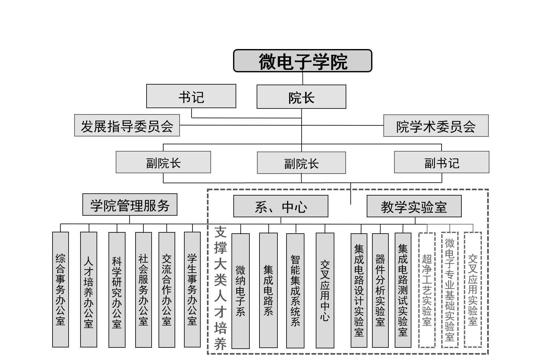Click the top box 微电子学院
coord(303,61)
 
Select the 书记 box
coord(191,96)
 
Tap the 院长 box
coord(301,97)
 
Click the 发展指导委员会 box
coord(127,125)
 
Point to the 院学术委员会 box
coord(436,126)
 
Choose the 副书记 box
coord(442,162)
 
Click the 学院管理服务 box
coord(130,205)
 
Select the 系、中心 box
coord(281,206)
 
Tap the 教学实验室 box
coord(414,206)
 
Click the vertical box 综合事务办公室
coord(60,290)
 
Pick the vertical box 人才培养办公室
coord(89,290)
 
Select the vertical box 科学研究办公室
coord(117,290)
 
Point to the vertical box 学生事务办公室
coord(192,290)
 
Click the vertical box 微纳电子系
coord(241,291)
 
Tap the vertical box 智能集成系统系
coord(295,291)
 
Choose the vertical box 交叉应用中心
coord(325,290)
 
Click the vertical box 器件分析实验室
coord(380,290)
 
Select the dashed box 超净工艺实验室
coord(427,290)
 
